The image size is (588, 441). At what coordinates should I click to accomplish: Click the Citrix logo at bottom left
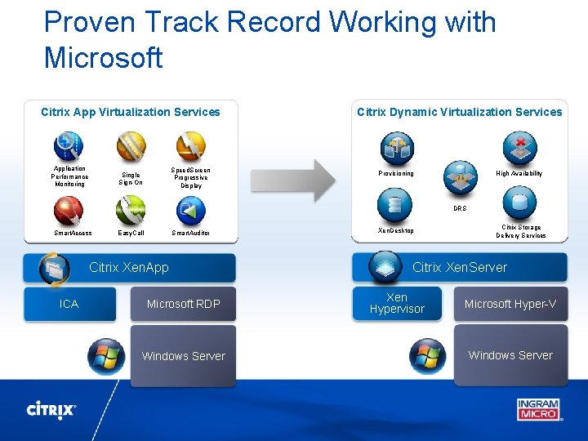[x=51, y=409]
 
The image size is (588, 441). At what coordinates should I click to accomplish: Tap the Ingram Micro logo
[x=537, y=408]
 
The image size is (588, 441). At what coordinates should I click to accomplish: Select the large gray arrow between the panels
[x=303, y=180]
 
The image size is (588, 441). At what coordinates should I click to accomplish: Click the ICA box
[x=69, y=304]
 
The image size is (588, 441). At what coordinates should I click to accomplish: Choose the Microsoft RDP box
[x=183, y=304]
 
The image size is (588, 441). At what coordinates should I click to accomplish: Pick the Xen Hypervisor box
[x=397, y=303]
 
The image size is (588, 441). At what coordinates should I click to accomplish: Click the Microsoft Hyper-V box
[x=510, y=304]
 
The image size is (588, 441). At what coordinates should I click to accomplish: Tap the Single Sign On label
[x=130, y=178]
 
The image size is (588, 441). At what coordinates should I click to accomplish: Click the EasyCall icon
[x=130, y=211]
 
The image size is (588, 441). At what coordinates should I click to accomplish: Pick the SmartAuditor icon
[x=191, y=211]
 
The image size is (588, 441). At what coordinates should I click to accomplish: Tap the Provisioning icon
[x=396, y=149]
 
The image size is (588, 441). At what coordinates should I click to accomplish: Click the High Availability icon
[x=519, y=149]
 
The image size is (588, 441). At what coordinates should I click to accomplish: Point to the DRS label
[x=460, y=208]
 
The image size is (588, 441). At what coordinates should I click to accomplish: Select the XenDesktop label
[x=396, y=230]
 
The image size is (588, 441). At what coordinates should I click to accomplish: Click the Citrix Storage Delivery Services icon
[x=519, y=203]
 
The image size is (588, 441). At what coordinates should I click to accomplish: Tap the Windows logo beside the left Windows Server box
[x=106, y=355]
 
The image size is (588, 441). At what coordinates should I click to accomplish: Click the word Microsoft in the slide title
[x=104, y=58]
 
